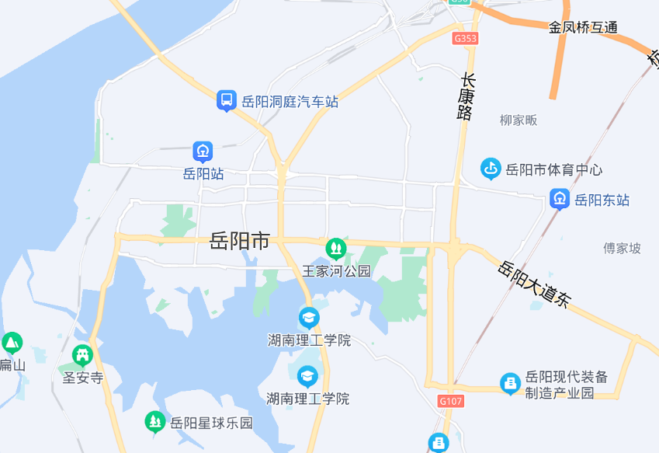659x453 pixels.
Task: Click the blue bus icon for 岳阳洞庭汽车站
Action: [227, 99]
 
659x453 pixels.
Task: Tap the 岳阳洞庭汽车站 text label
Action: [290, 102]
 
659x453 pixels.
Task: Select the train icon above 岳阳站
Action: [203, 152]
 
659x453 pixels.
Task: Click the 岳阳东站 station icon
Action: [559, 199]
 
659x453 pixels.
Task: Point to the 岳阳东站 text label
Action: [602, 200]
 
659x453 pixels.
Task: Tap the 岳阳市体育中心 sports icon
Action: [490, 168]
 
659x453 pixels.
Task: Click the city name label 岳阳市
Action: [239, 241]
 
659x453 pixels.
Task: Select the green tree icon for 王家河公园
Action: [335, 249]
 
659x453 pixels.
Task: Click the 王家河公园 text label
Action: [336, 271]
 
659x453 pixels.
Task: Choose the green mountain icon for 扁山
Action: [12, 343]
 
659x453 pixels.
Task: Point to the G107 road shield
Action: [450, 402]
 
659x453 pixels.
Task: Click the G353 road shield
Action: [466, 38]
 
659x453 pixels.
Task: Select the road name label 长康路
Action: [466, 97]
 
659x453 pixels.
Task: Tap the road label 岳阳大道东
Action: [535, 284]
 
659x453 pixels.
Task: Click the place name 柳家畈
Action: [519, 120]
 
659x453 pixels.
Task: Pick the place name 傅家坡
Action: [623, 249]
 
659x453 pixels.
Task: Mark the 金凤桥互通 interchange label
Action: [583, 27]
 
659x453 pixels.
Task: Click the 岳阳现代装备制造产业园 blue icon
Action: [510, 383]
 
